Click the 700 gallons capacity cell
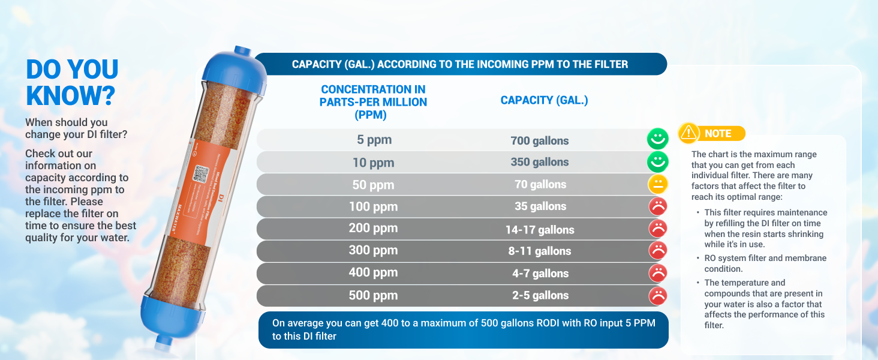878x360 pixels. (x=540, y=141)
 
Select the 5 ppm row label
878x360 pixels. (x=374, y=140)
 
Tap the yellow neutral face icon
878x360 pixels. (x=658, y=184)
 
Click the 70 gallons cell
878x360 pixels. (x=540, y=184)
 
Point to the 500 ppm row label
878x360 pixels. (x=374, y=295)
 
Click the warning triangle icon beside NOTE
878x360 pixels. (x=689, y=133)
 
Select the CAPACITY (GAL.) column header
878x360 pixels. (x=544, y=100)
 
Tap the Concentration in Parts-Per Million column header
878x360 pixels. (x=373, y=101)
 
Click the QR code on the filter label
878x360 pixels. (x=200, y=175)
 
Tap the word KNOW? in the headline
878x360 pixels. (x=70, y=95)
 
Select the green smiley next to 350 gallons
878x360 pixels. (x=658, y=162)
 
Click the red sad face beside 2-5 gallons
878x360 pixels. (x=658, y=295)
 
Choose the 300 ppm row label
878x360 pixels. (x=374, y=250)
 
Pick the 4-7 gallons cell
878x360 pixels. (x=540, y=273)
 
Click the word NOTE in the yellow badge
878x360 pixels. (x=718, y=134)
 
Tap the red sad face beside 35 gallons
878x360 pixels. (x=658, y=206)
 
